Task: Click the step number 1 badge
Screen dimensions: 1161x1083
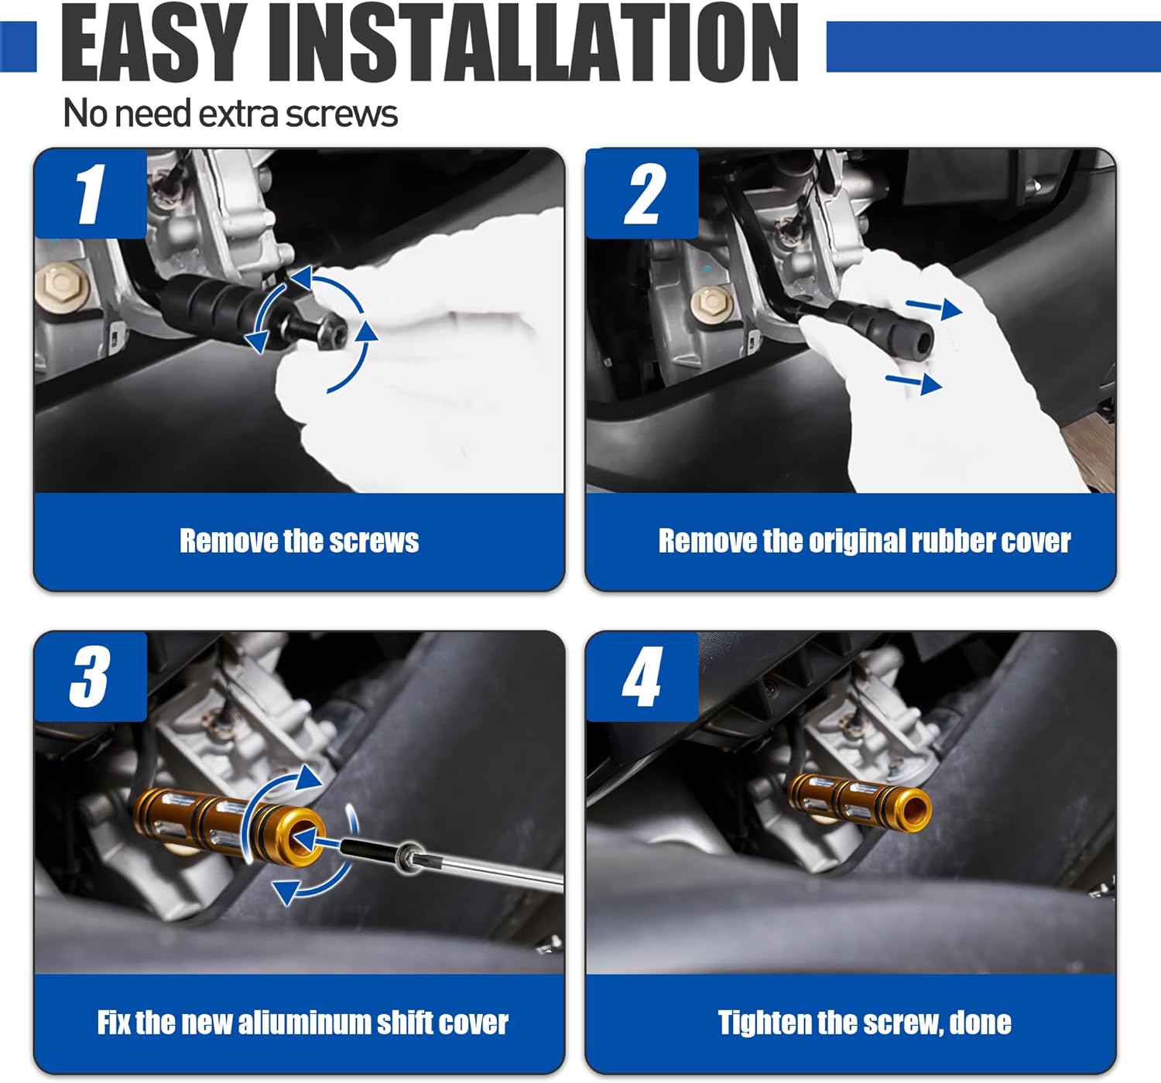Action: pos(91,193)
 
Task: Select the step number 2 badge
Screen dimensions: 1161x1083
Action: pos(642,193)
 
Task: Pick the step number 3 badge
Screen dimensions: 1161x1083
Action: pos(91,676)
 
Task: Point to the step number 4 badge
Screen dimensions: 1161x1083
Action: pos(642,676)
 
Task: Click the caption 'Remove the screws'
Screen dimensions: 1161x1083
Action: pos(300,541)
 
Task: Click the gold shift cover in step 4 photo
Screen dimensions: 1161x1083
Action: pos(858,800)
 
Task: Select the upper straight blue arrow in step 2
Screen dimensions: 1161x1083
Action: pos(933,307)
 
